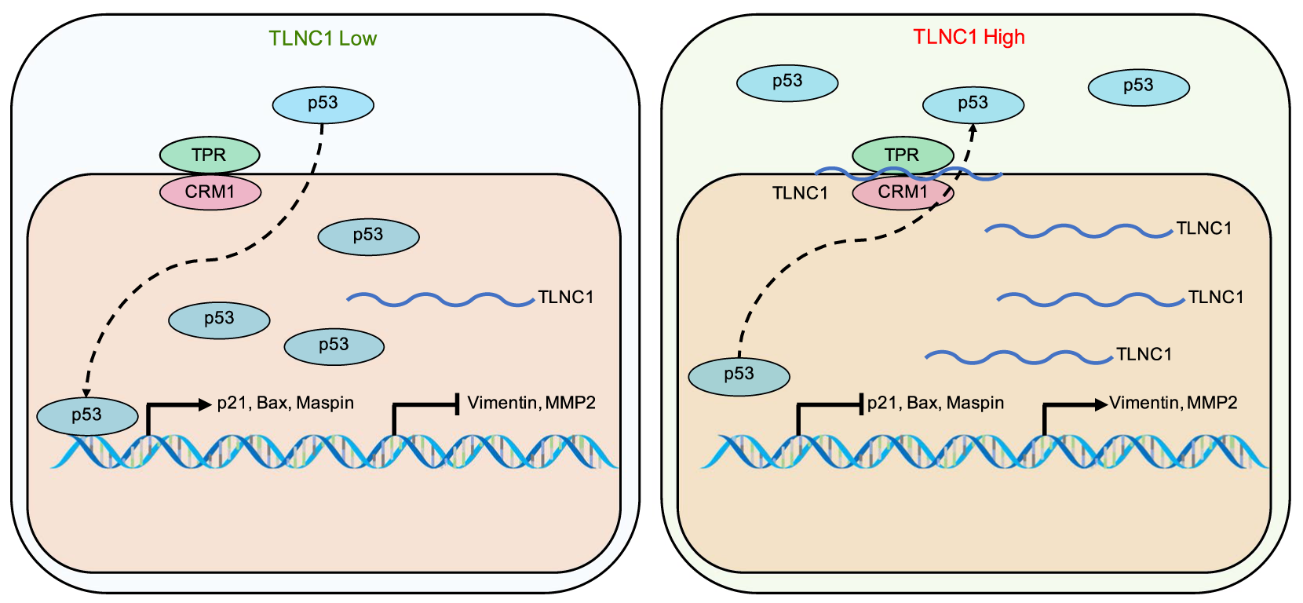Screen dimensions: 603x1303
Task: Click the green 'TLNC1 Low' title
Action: coord(323,38)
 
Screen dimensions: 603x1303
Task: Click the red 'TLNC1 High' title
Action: coord(969,37)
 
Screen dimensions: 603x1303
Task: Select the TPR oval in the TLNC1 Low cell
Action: coord(209,155)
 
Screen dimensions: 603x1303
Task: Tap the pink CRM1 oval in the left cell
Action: coord(210,192)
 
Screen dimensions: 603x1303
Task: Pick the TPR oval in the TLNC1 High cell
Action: coord(902,155)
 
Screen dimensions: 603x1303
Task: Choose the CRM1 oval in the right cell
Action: coord(903,192)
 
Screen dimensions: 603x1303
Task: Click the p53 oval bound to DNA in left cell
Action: coord(87,415)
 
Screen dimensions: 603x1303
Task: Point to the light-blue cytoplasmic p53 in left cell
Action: coord(323,104)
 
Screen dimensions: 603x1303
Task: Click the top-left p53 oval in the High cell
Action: coord(787,82)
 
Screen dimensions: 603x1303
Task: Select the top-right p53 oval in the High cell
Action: coord(1138,86)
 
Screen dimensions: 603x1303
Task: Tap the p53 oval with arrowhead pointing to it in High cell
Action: coord(973,104)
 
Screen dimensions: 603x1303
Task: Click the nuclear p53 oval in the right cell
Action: coord(739,375)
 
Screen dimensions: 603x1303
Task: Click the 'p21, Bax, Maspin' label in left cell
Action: coord(286,403)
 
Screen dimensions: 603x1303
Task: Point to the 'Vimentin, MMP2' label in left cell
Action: coord(531,403)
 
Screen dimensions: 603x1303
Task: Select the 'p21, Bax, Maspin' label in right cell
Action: coord(936,403)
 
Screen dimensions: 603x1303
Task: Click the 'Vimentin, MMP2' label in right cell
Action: coord(1173,403)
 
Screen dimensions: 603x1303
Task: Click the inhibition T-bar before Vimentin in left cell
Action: coord(457,405)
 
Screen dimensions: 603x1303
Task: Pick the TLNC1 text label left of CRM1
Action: coord(800,193)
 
